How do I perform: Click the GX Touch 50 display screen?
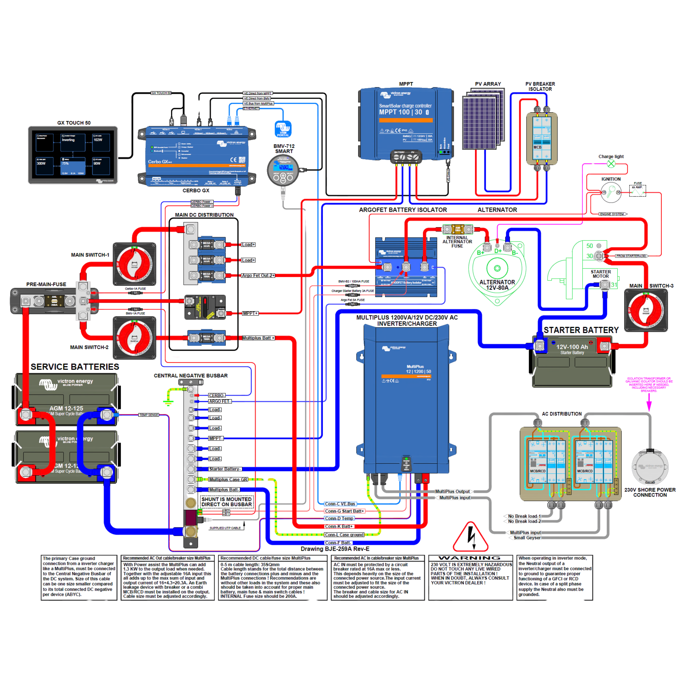pos(73,155)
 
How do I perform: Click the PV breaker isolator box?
pos(541,138)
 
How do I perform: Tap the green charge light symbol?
pos(611,163)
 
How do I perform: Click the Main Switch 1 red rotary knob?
pos(134,264)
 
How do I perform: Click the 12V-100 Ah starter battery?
pos(572,362)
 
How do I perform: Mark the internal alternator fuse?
pos(457,229)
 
